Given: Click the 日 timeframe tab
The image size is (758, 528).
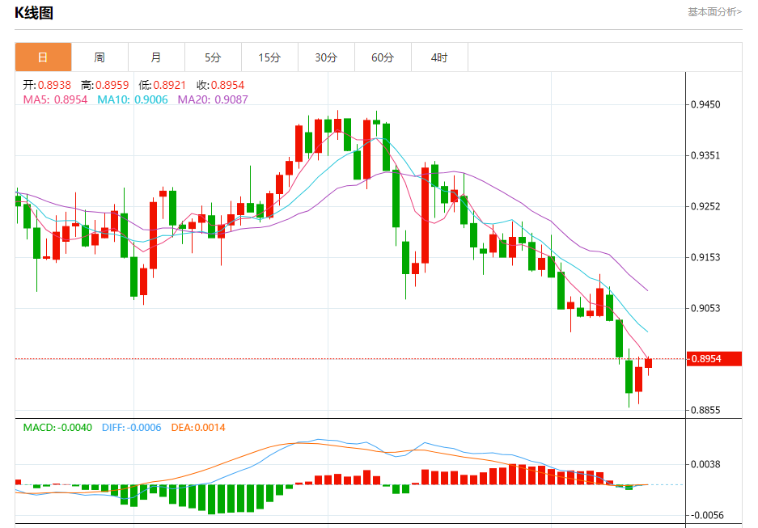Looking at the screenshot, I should click(43, 57).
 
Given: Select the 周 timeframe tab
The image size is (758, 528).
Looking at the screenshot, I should click(100, 57).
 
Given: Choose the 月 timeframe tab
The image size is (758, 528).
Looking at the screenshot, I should click(156, 57).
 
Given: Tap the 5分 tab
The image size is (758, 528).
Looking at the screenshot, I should click(213, 57).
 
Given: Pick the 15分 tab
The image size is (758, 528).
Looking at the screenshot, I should click(269, 57).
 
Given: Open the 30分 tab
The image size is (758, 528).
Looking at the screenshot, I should click(326, 57).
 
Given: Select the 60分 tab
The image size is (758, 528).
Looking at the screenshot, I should click(383, 57).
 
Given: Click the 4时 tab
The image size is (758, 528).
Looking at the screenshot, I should click(439, 57).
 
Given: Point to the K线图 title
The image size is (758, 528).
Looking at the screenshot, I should click(34, 12).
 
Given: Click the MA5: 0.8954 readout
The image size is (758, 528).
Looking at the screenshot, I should click(55, 99).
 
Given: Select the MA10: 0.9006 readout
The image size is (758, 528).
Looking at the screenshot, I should click(133, 99).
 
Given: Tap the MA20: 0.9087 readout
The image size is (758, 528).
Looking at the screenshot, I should click(213, 99).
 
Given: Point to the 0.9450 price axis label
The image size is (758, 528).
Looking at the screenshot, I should click(705, 104).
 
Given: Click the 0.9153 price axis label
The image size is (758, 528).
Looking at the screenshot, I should click(705, 257).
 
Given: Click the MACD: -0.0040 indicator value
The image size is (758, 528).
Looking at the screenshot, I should click(57, 427).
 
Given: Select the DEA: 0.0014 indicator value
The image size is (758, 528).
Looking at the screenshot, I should click(198, 427).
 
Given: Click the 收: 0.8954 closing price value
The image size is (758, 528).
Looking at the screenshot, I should click(220, 85).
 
